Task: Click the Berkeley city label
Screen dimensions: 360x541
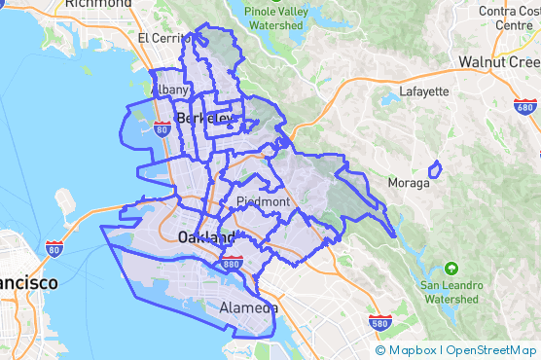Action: click(205, 119)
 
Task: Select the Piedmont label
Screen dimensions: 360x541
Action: click(263, 201)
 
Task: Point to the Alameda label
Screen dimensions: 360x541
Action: click(249, 307)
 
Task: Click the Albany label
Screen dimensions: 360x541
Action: click(171, 90)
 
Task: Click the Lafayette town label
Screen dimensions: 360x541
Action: click(423, 92)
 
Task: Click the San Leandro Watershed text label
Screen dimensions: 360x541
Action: click(450, 292)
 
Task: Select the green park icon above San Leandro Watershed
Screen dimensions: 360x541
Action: click(451, 268)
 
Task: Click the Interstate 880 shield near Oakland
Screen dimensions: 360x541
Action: click(232, 263)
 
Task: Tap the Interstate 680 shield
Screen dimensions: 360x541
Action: click(525, 106)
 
